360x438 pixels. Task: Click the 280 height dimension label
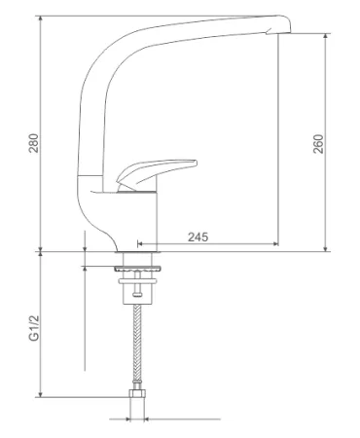pyautogui.click(x=34, y=143)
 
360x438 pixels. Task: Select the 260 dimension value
pyautogui.click(x=318, y=144)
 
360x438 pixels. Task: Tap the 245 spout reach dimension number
pyautogui.click(x=198, y=237)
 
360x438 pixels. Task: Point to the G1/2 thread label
pyautogui.click(x=34, y=328)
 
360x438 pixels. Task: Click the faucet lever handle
pyautogui.click(x=156, y=171)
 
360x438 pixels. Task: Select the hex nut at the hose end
pyautogui.click(x=137, y=393)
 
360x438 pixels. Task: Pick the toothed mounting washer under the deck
pyautogui.click(x=137, y=269)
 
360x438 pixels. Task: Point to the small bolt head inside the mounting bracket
pyautogui.click(x=137, y=294)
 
